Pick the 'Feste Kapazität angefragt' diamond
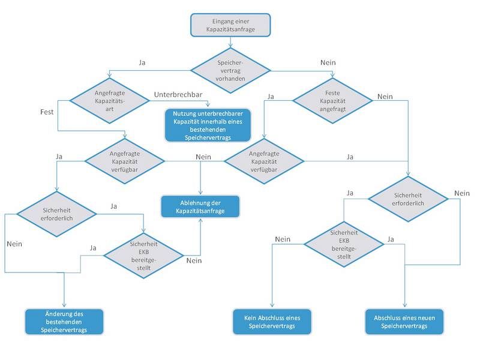point(336,99)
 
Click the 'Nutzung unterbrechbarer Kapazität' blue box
point(208,125)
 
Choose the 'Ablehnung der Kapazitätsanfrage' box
point(200,206)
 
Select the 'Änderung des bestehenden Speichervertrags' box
point(64,322)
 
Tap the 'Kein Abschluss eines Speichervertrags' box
point(272,322)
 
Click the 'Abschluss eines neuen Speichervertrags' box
point(404,322)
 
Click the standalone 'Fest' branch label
point(47,112)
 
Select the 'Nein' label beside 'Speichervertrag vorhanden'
point(328,62)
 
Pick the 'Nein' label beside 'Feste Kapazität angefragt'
point(385,96)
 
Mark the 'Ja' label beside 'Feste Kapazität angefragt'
point(271,96)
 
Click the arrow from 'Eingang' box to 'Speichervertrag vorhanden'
point(231,42)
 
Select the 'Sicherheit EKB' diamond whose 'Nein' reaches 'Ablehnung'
point(143,256)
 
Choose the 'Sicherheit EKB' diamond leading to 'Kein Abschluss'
point(344,244)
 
